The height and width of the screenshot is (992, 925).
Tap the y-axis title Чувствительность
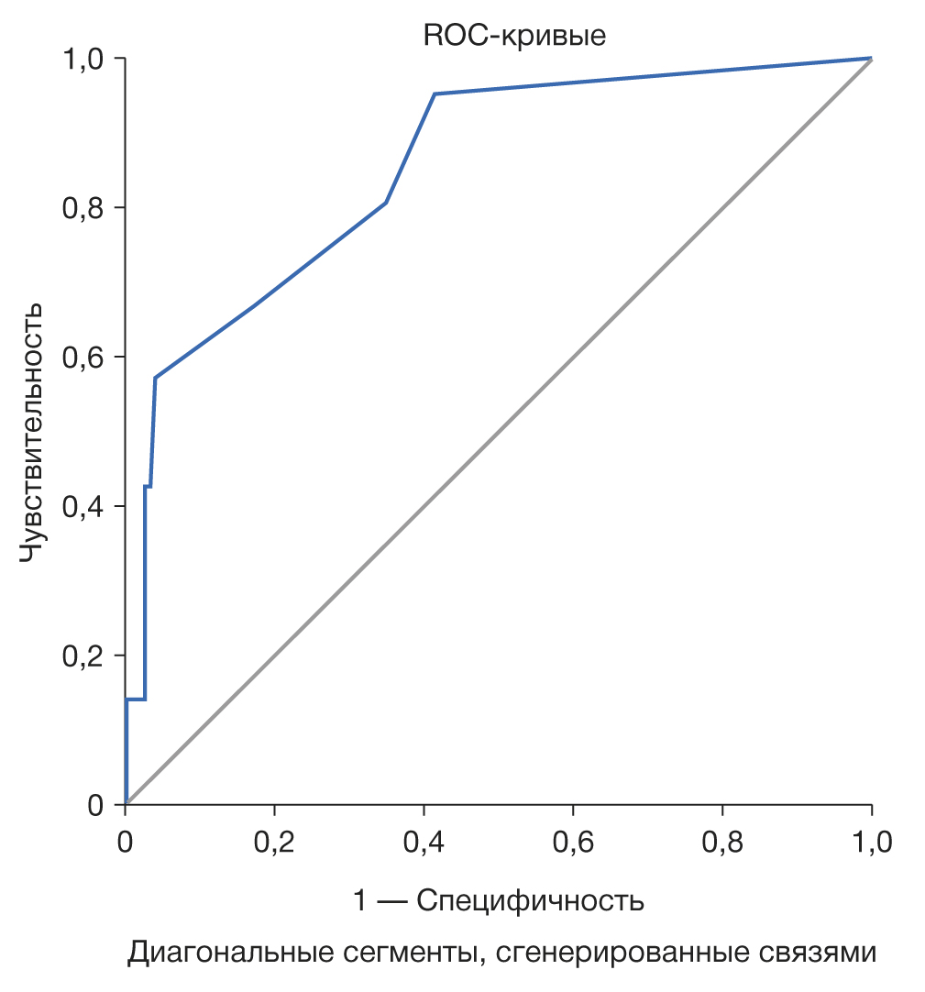33,432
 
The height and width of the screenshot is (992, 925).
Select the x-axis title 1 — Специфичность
499,901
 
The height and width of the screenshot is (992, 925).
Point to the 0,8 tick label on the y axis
83,208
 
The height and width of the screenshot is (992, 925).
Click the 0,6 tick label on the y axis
83,358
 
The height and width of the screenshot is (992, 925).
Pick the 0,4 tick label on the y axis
83,507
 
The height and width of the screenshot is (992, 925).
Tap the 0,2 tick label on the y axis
83,656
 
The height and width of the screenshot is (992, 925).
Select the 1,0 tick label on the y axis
83,59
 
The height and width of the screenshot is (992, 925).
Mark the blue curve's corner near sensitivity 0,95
435,94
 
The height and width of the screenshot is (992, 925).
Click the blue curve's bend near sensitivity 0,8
386,203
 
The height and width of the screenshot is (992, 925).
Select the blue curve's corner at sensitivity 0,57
156,378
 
